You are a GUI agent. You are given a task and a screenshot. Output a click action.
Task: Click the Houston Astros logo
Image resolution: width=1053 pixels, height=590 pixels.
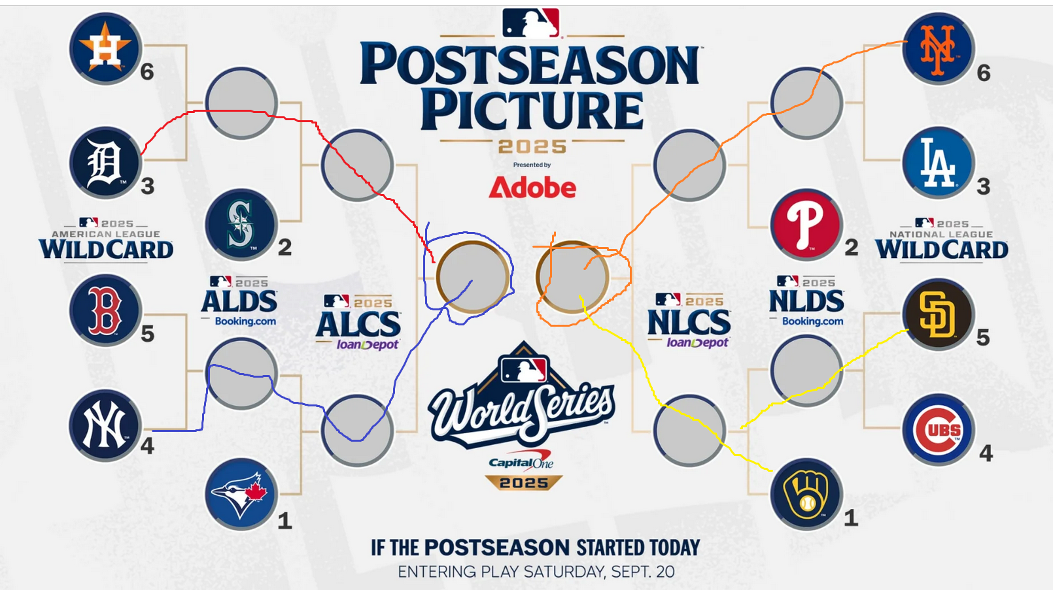click(x=106, y=48)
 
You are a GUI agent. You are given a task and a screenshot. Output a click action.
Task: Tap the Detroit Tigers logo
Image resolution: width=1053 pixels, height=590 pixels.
click(x=106, y=163)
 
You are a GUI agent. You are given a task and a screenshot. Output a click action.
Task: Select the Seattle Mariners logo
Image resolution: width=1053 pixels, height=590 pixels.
click(x=241, y=225)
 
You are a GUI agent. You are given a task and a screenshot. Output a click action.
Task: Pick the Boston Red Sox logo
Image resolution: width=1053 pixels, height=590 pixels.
click(x=106, y=310)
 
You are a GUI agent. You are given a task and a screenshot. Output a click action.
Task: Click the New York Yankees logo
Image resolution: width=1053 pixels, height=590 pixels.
click(x=106, y=425)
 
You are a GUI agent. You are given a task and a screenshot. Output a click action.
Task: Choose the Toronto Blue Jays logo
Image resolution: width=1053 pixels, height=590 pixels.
click(x=241, y=494)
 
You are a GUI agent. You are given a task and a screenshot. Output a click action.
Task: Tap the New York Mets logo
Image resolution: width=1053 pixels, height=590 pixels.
click(x=939, y=49)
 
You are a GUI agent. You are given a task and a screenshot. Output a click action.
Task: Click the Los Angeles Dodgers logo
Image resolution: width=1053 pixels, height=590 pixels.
click(x=939, y=163)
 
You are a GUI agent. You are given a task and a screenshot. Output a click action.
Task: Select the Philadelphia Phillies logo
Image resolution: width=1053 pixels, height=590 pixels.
click(x=806, y=225)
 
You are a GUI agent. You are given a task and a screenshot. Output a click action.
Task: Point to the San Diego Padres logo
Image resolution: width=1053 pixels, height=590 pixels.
click(x=939, y=314)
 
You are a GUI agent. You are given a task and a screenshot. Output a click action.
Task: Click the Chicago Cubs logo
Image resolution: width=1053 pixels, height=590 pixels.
click(x=939, y=430)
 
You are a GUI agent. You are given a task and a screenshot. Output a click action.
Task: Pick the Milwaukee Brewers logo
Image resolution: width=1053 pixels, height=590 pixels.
click(x=806, y=494)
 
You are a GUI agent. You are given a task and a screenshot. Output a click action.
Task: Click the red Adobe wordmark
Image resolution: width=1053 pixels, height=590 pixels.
click(x=532, y=188)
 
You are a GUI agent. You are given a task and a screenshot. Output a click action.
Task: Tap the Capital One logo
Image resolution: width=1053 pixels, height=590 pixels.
click(x=521, y=461)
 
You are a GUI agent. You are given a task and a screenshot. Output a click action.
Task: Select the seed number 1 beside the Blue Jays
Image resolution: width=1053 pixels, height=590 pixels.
click(x=285, y=521)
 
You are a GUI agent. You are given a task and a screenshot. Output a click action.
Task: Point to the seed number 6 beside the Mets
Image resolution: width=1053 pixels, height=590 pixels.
click(x=984, y=73)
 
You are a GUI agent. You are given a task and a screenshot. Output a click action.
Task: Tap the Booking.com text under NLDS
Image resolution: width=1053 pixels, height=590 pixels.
click(x=812, y=321)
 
